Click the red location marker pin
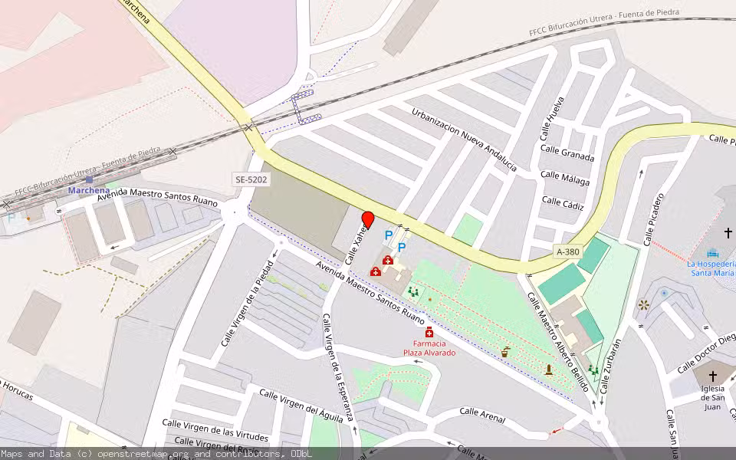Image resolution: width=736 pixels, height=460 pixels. (x=368, y=219)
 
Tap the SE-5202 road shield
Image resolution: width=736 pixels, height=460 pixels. (x=251, y=179)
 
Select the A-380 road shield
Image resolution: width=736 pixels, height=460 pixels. (x=568, y=251)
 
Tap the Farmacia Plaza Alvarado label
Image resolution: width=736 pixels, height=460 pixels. (x=429, y=348)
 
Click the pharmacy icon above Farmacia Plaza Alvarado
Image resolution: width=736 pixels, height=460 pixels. (x=429, y=332)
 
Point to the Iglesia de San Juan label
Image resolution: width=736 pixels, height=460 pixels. (x=712, y=397)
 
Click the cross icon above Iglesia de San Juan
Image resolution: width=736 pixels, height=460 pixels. (x=713, y=376)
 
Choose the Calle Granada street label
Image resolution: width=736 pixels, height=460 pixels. (x=567, y=153)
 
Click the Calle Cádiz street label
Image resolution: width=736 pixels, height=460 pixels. (x=563, y=202)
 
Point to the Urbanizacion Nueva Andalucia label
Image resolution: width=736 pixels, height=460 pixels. (x=464, y=140)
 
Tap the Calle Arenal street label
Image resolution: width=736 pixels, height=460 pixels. (x=482, y=415)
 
